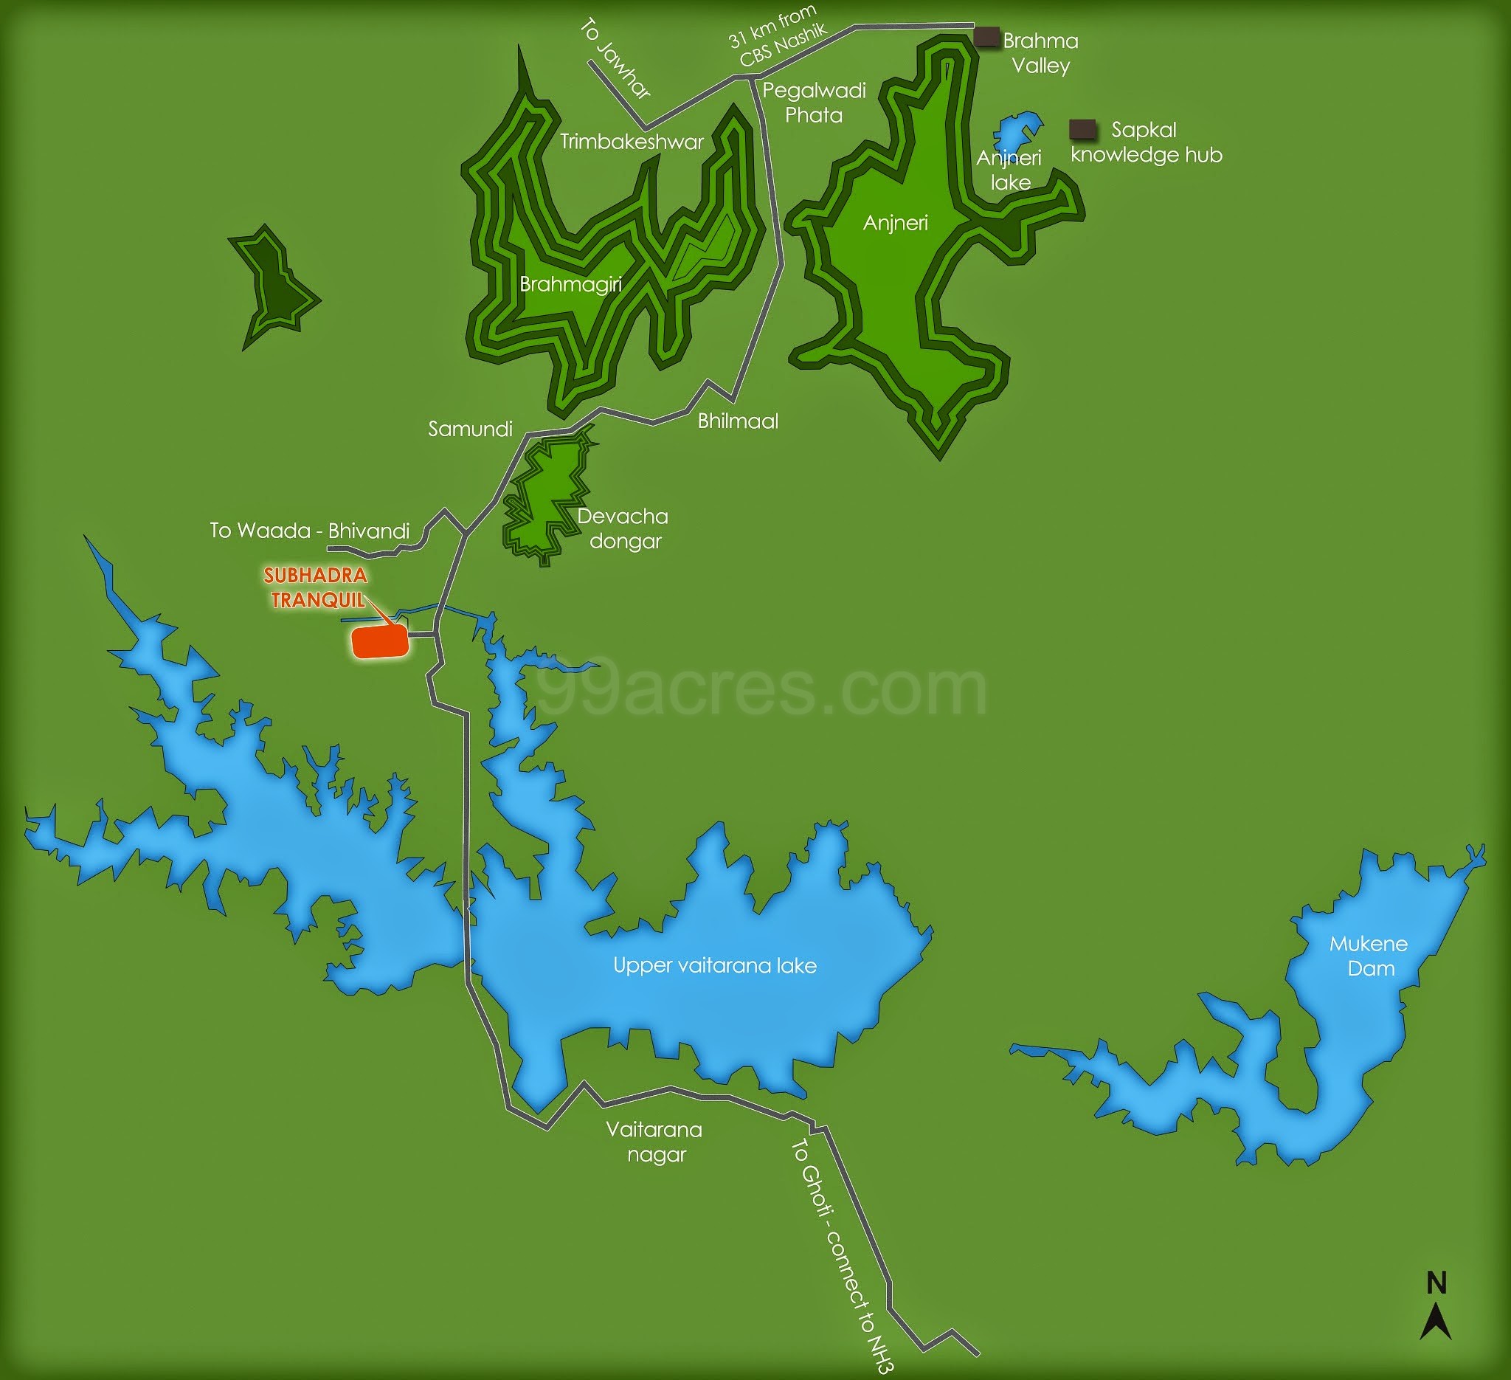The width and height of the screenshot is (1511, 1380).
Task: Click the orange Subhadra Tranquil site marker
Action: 381,641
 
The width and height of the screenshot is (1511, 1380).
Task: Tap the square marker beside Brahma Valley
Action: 986,37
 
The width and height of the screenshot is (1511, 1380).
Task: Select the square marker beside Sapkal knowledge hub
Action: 1082,129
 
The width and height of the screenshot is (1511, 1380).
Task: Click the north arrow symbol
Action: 1435,1321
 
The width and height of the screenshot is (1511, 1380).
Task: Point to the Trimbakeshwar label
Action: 631,142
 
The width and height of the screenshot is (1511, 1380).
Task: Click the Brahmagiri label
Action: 570,284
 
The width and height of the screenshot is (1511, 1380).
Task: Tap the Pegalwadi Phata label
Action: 814,103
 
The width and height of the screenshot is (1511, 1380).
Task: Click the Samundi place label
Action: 470,429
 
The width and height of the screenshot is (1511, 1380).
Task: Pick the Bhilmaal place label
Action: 738,421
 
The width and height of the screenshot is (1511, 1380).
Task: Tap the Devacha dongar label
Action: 623,528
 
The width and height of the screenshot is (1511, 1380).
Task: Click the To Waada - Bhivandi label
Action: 310,531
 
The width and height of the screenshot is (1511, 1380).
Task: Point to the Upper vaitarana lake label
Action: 714,965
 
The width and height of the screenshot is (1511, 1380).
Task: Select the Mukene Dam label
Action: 1369,956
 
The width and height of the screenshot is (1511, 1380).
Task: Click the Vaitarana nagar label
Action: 654,1142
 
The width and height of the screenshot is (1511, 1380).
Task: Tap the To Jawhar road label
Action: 615,59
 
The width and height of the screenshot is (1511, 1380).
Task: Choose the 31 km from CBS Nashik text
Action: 778,35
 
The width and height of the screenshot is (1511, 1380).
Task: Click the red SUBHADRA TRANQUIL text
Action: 317,587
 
